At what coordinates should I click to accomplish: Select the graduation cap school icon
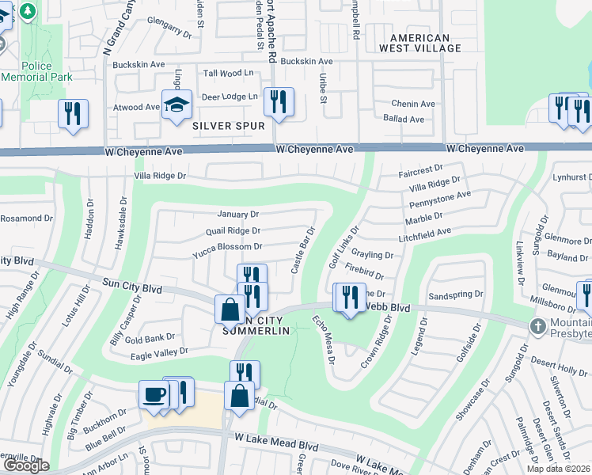point(176,104)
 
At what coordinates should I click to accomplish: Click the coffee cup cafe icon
point(154,393)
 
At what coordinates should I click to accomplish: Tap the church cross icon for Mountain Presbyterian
point(538,326)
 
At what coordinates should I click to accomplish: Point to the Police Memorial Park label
point(37,71)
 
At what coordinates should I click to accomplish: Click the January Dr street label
point(238,215)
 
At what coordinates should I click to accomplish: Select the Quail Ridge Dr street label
point(233,231)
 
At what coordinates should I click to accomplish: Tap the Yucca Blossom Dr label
point(227,248)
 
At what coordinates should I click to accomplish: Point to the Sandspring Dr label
point(455,294)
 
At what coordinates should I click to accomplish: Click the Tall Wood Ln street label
point(228,73)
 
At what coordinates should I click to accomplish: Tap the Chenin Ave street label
point(413,104)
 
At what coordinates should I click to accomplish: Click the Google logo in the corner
point(25,465)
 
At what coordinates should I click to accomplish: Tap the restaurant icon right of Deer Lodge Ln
point(279,102)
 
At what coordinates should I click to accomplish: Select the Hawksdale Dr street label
point(122,226)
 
